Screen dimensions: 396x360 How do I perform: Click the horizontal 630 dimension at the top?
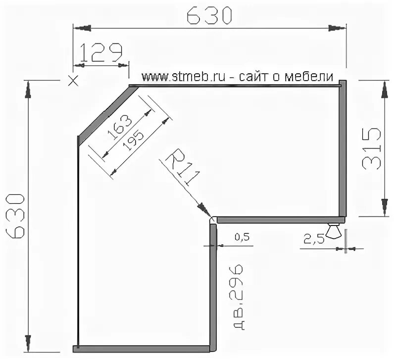tap(209, 16)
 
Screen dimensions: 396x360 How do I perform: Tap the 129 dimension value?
tap(101, 52)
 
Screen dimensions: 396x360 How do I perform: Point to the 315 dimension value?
tap(371, 148)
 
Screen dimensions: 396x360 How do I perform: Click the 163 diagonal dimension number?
tap(120, 127)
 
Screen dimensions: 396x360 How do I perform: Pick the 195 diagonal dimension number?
tap(133, 140)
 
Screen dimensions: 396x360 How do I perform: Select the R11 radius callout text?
tap(183, 167)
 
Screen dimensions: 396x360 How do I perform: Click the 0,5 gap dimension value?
tap(242, 237)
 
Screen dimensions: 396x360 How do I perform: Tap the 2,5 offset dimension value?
tap(314, 239)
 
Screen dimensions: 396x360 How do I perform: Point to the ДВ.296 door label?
tap(239, 297)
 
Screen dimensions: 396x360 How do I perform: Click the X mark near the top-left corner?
tap(73, 81)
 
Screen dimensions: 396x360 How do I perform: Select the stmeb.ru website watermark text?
tap(238, 77)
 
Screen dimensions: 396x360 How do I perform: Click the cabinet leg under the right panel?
tap(333, 230)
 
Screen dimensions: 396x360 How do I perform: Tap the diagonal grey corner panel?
tap(108, 116)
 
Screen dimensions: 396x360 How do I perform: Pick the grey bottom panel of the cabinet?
tap(142, 349)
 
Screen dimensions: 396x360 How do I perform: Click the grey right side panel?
tap(343, 148)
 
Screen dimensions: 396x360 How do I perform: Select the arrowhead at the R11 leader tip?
tap(205, 209)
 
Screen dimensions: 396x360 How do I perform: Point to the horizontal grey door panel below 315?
tap(281, 220)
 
